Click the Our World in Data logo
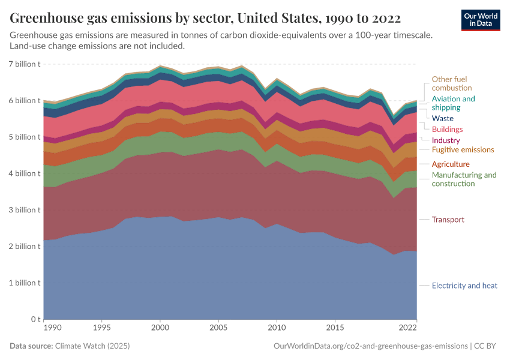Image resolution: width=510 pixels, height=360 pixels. [x=481, y=19]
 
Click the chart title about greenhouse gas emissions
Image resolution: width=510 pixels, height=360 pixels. [x=205, y=17]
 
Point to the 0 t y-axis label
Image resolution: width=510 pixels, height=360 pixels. [x=35, y=319]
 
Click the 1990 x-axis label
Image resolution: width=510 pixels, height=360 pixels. [x=52, y=329]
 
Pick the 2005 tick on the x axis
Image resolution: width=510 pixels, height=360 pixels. [x=218, y=329]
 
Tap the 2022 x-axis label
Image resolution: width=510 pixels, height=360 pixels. [x=407, y=329]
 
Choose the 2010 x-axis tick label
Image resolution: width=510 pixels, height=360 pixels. [x=276, y=329]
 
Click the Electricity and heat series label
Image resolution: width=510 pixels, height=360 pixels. [x=464, y=286]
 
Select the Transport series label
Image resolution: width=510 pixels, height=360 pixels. [x=448, y=220]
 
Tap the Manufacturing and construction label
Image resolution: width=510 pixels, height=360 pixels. [x=464, y=179]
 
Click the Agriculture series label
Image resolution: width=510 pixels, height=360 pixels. [x=451, y=164]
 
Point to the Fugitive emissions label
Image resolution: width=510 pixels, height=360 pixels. [x=463, y=149]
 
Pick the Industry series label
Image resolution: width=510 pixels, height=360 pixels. [x=446, y=140]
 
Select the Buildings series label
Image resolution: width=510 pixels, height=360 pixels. [x=447, y=129]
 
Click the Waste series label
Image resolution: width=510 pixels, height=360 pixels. [x=443, y=118]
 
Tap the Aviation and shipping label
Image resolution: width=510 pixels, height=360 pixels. [x=453, y=103]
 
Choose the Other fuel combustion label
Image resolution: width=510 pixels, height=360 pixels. [x=449, y=83]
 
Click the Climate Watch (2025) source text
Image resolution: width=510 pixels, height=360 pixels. [x=92, y=346]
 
